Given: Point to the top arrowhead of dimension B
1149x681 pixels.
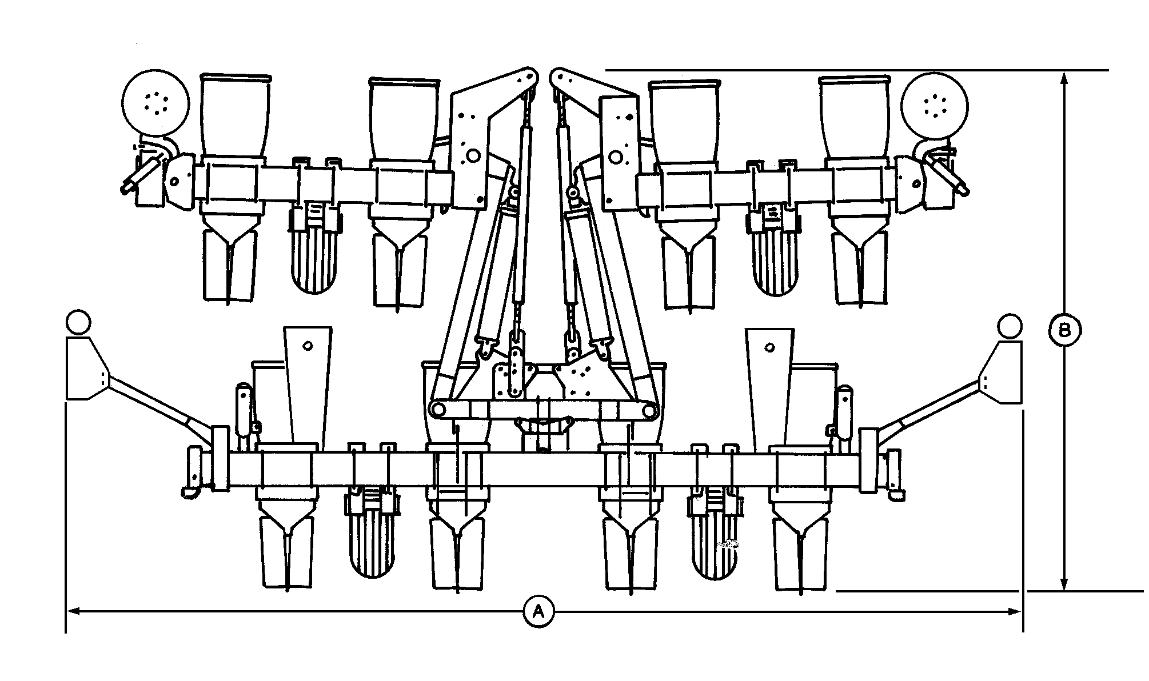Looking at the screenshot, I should tap(1064, 77).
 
